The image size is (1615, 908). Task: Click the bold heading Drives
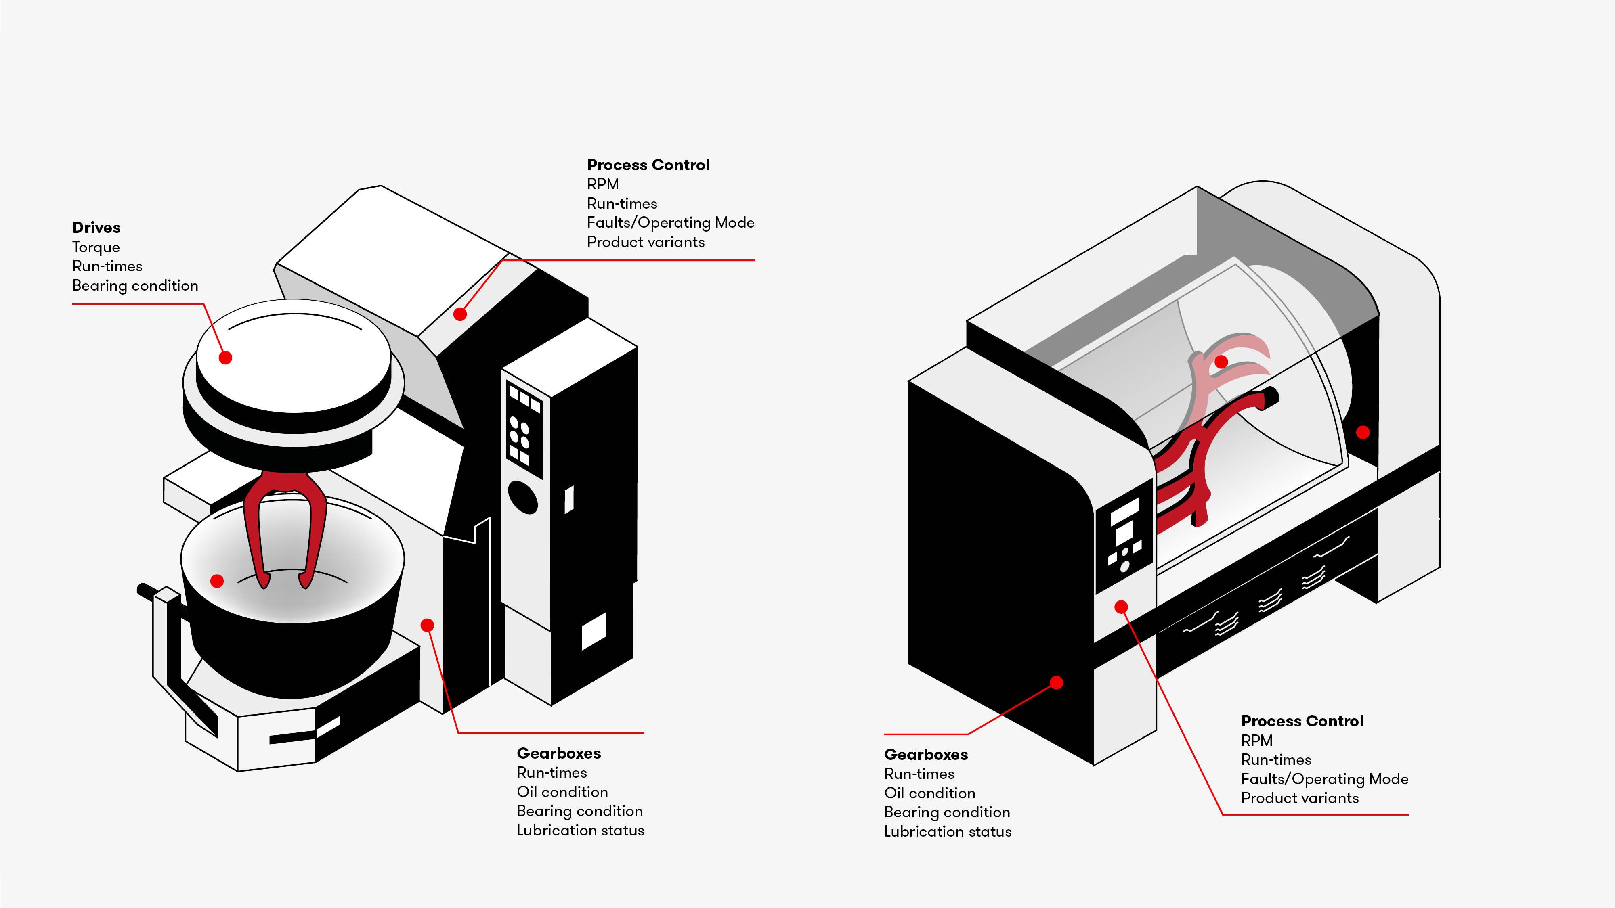(96, 228)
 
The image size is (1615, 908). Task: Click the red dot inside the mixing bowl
(217, 581)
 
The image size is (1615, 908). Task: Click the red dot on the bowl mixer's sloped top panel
(460, 314)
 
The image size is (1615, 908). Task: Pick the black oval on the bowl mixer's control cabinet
(523, 498)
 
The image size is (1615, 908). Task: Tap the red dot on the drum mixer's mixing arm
(1221, 362)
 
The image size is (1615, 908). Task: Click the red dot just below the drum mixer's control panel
(1121, 607)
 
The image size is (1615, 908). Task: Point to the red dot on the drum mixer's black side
(1056, 682)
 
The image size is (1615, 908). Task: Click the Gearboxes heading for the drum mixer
(926, 755)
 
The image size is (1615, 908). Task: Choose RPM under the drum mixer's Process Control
(1256, 741)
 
